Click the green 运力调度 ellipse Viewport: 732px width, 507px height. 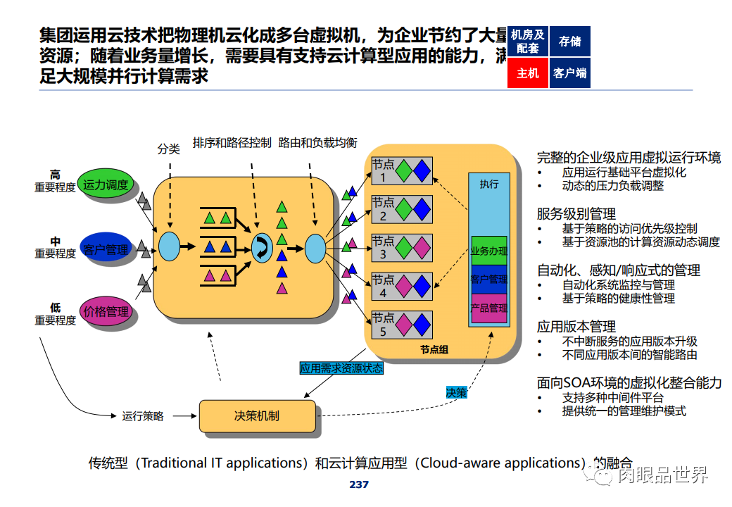tap(105, 185)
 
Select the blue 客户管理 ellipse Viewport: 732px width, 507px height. tap(106, 250)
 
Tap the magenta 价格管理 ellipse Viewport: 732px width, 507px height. tap(106, 311)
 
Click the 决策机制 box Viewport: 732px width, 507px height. tap(256, 415)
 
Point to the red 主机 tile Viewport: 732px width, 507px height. tap(527, 73)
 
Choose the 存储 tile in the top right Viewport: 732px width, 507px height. tap(569, 42)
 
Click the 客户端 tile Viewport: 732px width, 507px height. tap(569, 73)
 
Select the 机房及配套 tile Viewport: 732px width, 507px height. tap(527, 42)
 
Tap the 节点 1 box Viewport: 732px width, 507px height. tap(401, 171)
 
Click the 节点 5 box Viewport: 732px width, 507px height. tap(401, 325)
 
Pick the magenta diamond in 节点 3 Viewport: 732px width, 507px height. tap(421, 248)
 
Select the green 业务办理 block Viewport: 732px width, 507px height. tap(488, 251)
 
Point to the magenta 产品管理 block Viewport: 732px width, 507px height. tap(488, 308)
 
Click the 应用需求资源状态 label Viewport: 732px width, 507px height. tap(341, 368)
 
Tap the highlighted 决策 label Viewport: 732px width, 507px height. tap(456, 392)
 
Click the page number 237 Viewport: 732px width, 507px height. tap(359, 484)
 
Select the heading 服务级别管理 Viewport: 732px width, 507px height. tap(576, 213)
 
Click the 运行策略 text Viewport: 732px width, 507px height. tap(143, 416)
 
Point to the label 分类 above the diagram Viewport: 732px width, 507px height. tap(169, 149)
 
